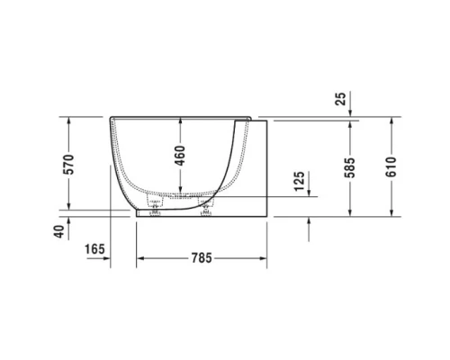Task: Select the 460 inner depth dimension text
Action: tap(180, 155)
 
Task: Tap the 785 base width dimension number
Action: tap(201, 259)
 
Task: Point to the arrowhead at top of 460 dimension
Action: tap(180, 121)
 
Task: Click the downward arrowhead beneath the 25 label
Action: tap(350, 114)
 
